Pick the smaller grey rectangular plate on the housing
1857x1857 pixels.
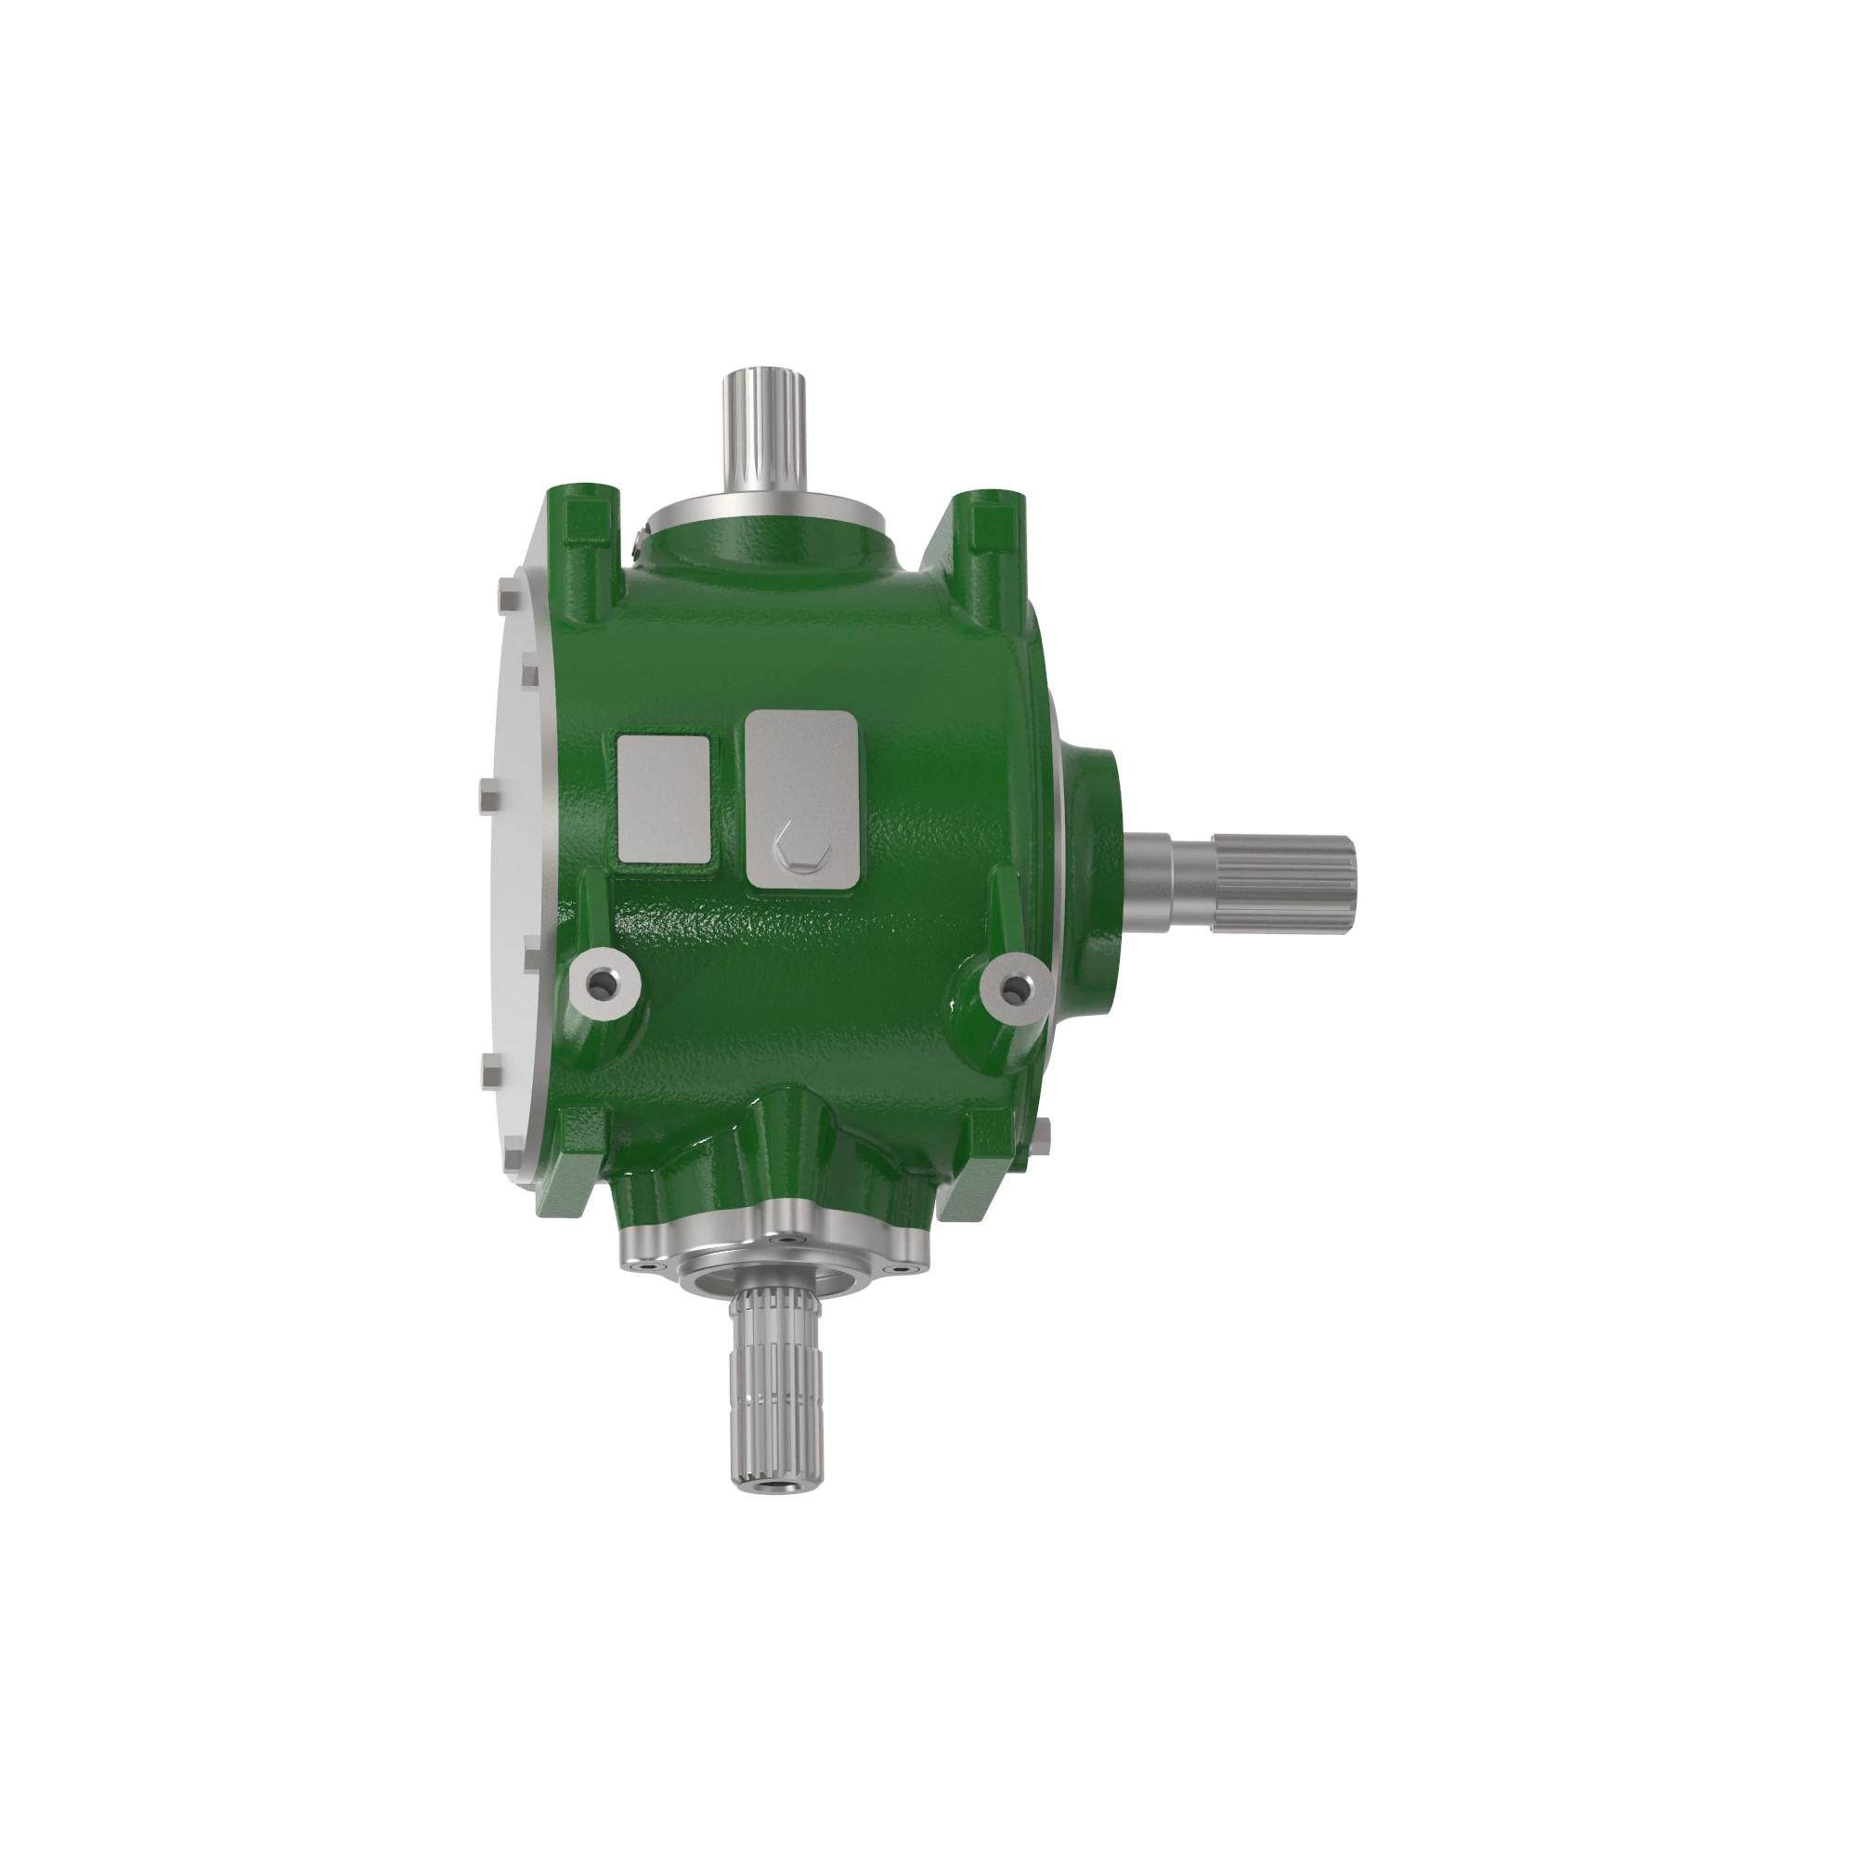[663, 798]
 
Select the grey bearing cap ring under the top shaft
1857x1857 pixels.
[760, 506]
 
